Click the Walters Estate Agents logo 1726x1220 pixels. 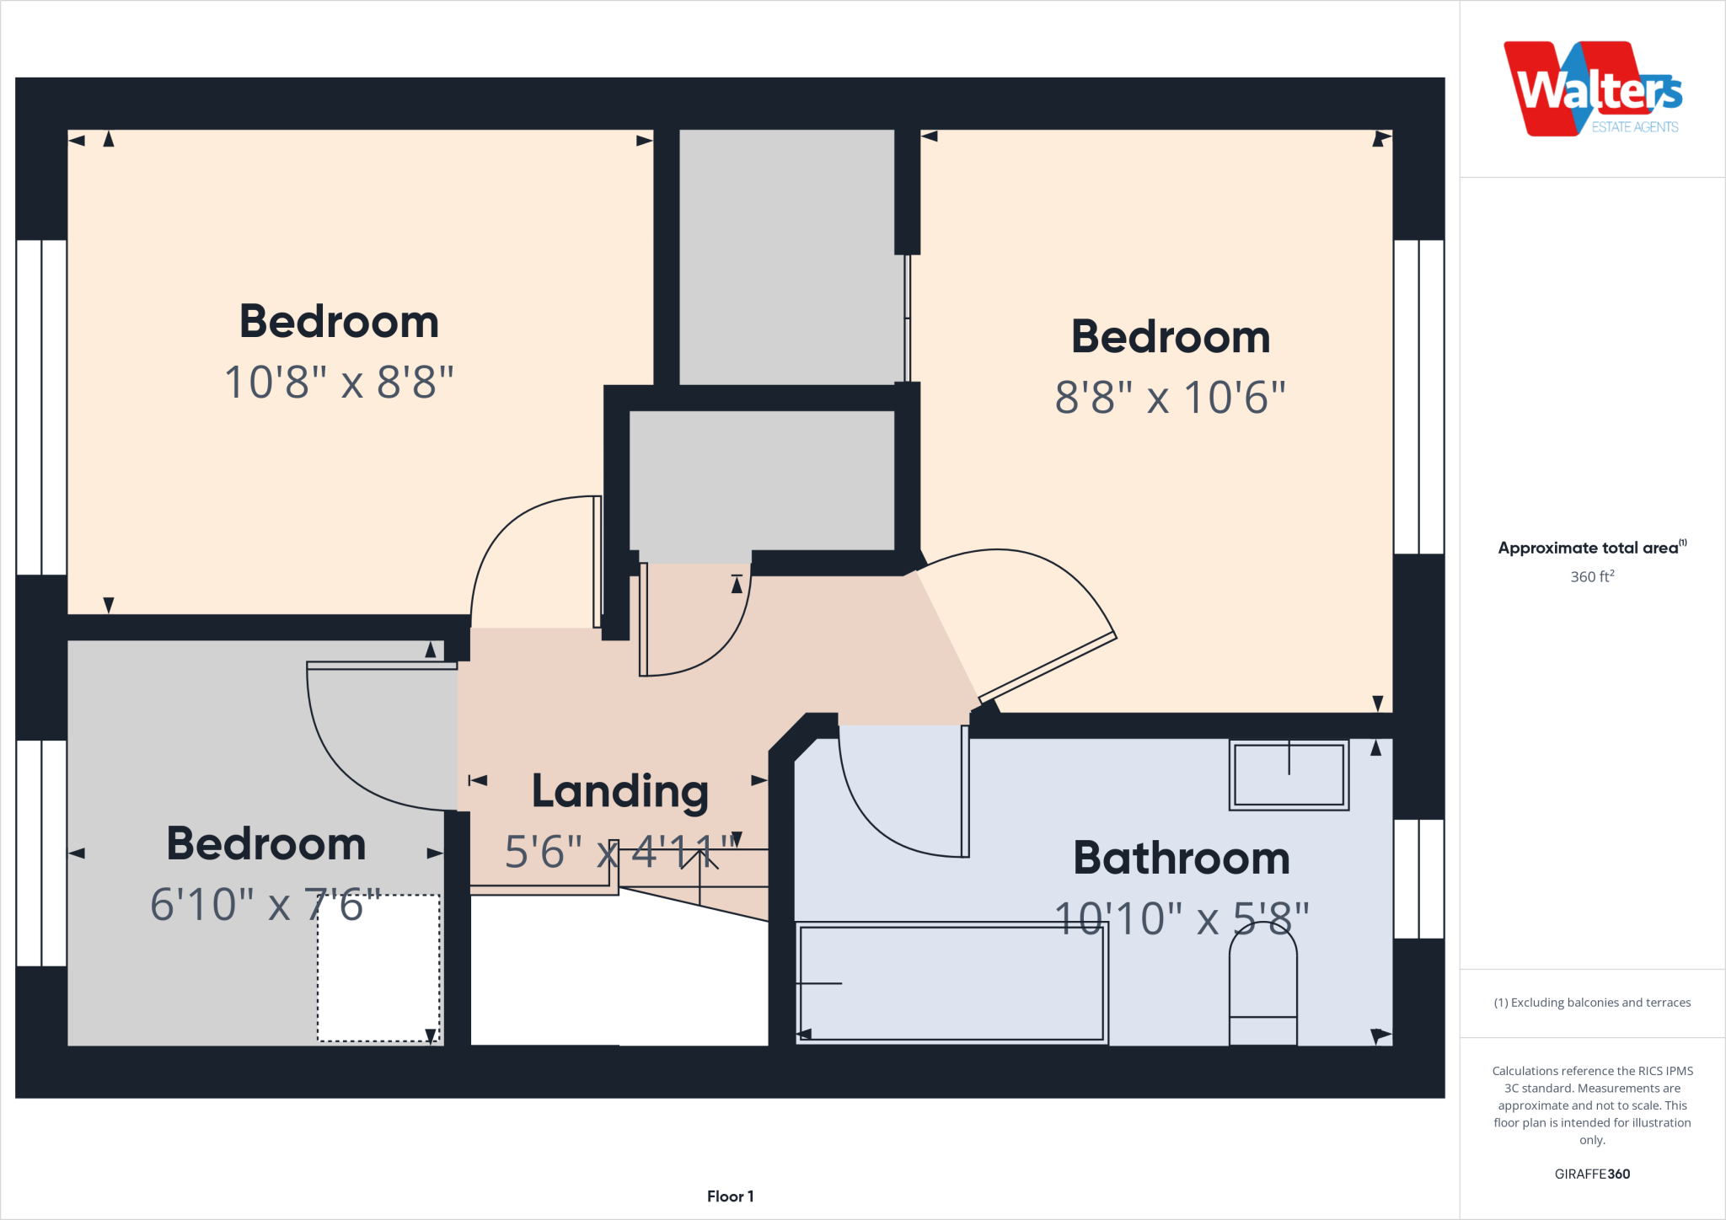1592,89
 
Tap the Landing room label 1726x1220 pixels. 619,792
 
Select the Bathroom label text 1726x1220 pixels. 1181,859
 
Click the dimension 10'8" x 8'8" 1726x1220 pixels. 339,383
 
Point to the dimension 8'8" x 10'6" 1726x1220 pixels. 1170,398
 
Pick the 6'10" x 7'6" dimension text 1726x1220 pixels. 265,905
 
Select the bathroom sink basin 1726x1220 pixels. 1289,774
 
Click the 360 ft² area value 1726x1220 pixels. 1591,577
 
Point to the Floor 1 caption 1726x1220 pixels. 730,1196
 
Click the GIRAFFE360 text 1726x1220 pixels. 1591,1174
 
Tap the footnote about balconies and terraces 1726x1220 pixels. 1591,1003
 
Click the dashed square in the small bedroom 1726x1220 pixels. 378,968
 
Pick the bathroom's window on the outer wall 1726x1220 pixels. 1418,879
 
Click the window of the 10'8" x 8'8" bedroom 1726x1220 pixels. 41,407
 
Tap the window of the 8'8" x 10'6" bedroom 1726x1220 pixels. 1418,397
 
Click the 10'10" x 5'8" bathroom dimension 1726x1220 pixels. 1181,919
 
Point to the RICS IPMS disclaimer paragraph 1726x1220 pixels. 1591,1105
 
